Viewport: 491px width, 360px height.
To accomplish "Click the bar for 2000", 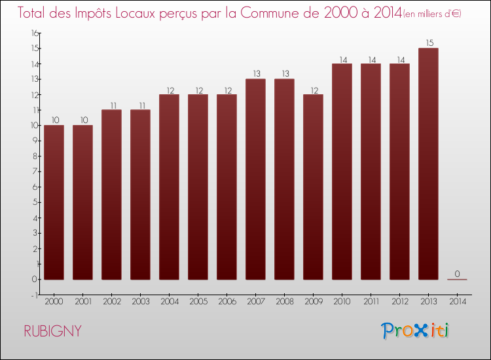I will click(x=54, y=202).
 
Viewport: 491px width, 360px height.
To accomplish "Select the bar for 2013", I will click(x=428, y=164).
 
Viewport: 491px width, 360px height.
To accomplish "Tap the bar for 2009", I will click(x=313, y=187).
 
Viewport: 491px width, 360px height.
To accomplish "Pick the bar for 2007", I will click(x=255, y=179).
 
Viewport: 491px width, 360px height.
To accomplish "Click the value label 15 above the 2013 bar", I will click(x=428, y=43).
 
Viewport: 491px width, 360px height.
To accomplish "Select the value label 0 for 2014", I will click(x=457, y=274).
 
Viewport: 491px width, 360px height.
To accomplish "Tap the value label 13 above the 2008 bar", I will click(x=284, y=74).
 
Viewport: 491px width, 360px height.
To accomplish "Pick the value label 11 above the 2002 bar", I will click(x=111, y=105).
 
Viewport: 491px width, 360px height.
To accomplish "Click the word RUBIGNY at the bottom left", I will click(x=53, y=331).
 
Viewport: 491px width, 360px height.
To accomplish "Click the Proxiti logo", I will click(x=414, y=331).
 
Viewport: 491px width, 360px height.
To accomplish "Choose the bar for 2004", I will click(x=169, y=187).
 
